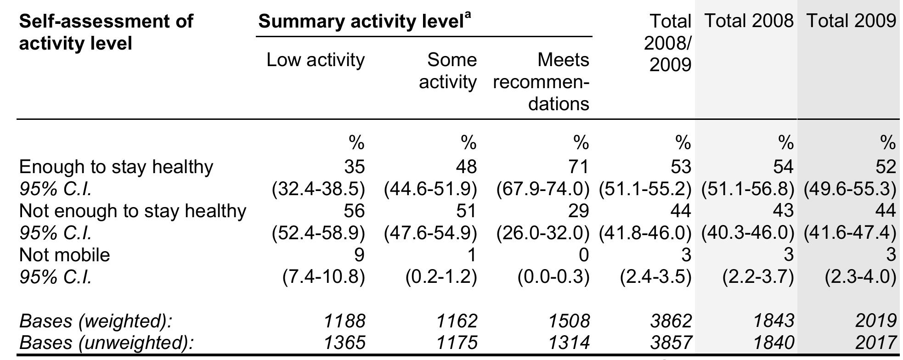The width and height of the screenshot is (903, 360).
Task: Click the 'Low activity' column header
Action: [316, 60]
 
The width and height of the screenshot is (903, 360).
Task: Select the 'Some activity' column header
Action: [448, 71]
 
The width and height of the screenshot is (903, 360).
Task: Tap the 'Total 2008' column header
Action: [749, 21]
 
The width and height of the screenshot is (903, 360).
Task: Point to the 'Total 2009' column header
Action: [851, 21]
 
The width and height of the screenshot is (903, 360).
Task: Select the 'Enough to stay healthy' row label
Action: [116, 167]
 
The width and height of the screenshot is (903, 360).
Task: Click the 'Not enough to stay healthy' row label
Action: [133, 211]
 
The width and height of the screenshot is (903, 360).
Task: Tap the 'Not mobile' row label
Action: [65, 255]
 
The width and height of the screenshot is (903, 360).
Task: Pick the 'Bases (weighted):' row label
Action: [96, 321]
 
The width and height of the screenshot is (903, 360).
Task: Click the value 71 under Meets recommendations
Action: [578, 167]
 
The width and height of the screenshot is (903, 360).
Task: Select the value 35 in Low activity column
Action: [355, 167]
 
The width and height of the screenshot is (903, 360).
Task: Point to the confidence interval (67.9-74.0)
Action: [543, 189]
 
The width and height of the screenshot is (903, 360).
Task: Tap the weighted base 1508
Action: [570, 321]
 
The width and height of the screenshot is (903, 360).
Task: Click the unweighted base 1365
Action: [345, 343]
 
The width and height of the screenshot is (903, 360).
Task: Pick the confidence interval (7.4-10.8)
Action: [324, 277]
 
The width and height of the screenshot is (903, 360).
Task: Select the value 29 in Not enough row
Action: [578, 211]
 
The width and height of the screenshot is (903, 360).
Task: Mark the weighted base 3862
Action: [671, 321]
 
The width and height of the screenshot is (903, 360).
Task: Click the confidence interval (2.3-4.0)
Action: [861, 277]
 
